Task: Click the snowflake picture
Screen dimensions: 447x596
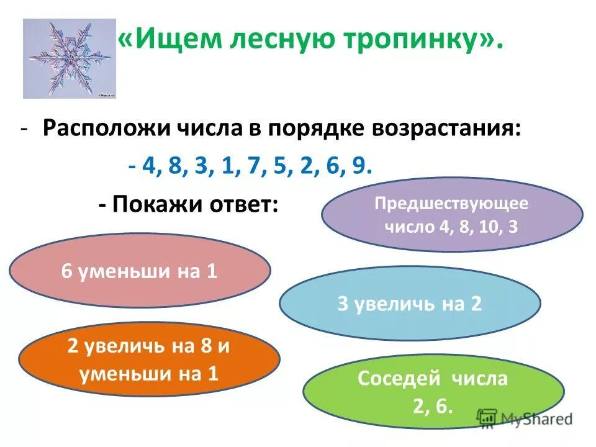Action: pyautogui.click(x=70, y=58)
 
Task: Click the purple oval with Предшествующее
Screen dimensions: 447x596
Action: pyautogui.click(x=452, y=214)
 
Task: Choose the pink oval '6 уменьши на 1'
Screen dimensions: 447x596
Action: pyautogui.click(x=140, y=271)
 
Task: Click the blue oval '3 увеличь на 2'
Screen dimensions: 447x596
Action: pyautogui.click(x=410, y=304)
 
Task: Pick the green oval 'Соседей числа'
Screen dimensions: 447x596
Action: pyautogui.click(x=433, y=391)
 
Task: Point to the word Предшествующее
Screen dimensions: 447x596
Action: pyautogui.click(x=452, y=202)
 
